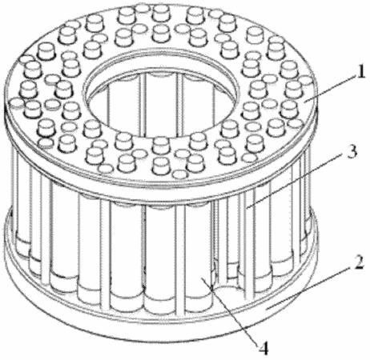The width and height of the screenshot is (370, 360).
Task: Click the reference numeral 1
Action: point(360,72)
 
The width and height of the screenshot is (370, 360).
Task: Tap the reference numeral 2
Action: point(360,262)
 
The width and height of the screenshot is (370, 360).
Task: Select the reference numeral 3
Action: point(352,152)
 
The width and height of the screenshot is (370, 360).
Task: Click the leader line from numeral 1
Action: point(330,89)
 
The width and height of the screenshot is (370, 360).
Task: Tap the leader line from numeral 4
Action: point(230,311)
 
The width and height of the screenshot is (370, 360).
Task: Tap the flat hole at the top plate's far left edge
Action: point(17,103)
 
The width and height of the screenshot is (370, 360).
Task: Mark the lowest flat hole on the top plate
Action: point(179,174)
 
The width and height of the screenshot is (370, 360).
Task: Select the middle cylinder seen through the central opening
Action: point(161,106)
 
